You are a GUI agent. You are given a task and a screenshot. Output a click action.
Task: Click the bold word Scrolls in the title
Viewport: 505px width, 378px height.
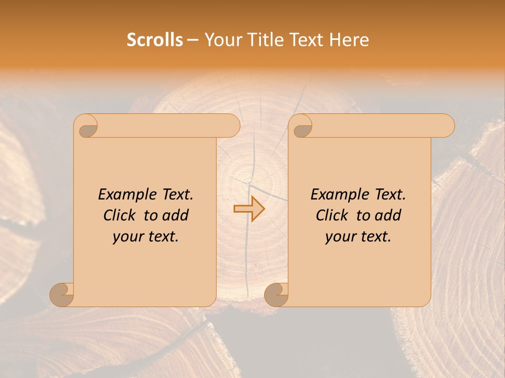pyautogui.click(x=155, y=40)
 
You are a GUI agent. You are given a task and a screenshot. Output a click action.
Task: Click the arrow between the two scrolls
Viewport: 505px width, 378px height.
pyautogui.click(x=249, y=209)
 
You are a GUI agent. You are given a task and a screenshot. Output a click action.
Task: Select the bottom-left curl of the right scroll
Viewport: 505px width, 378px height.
pyautogui.click(x=277, y=295)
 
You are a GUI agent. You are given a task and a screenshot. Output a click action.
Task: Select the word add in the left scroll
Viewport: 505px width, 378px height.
pyautogui.click(x=176, y=215)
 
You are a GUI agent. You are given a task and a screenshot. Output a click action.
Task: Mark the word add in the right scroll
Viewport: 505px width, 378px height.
pyautogui.click(x=388, y=215)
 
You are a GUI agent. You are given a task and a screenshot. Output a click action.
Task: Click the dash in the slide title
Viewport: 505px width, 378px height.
pyautogui.click(x=193, y=40)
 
